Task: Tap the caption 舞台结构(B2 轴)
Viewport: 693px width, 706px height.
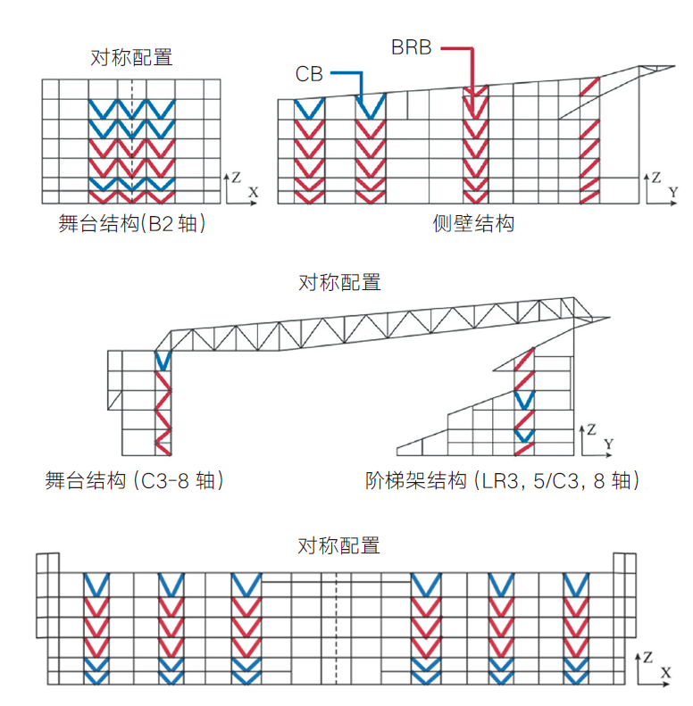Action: (x=132, y=224)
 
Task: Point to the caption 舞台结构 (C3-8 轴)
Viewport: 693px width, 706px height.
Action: (x=134, y=481)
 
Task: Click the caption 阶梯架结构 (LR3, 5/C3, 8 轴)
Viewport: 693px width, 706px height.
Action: (x=503, y=481)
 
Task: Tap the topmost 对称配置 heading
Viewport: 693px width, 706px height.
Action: (x=131, y=58)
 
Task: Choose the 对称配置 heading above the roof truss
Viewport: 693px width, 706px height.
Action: (x=339, y=283)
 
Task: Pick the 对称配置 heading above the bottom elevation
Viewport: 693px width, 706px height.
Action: (x=339, y=545)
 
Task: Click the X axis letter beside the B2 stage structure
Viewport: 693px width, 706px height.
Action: (x=253, y=192)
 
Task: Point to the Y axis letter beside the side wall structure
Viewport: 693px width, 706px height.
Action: (x=672, y=192)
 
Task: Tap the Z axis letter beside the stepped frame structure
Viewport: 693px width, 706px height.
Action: (x=590, y=429)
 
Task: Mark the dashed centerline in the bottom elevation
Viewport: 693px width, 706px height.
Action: (x=337, y=625)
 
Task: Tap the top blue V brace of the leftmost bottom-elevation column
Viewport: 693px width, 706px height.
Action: (x=96, y=586)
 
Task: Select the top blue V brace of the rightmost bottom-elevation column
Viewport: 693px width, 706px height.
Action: (x=577, y=586)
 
